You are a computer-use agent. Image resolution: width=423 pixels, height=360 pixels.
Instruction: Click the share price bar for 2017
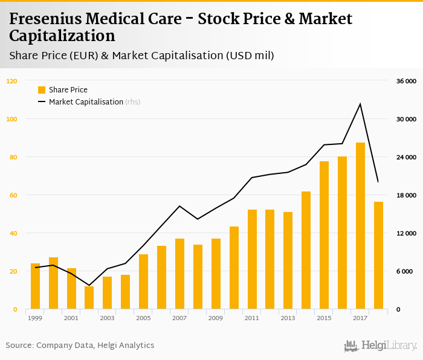coord(360,226)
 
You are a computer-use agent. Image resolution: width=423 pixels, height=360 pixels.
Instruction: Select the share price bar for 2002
coord(89,298)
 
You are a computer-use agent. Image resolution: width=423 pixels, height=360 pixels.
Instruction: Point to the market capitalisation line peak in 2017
coord(360,104)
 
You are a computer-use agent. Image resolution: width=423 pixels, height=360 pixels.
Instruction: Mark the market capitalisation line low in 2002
coord(89,285)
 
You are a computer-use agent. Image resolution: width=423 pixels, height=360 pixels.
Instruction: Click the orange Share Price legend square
coord(42,90)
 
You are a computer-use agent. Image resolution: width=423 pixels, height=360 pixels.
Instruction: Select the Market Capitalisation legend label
coord(86,102)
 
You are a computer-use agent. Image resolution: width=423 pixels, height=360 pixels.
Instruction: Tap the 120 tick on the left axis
coord(12,81)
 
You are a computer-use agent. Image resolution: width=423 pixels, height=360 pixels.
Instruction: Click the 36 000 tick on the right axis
coord(405,81)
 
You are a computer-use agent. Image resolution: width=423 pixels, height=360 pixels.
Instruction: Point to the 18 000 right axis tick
coord(405,195)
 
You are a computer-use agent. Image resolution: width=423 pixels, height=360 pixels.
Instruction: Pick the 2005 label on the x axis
coord(143,318)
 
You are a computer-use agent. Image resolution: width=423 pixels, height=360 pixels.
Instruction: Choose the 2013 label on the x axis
coord(288,318)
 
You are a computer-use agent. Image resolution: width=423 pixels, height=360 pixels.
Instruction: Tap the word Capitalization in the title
coord(62,37)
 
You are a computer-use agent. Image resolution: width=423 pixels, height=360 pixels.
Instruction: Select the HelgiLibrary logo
coord(380,346)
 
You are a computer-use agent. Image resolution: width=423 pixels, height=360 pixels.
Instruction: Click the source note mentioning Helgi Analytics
coord(80,346)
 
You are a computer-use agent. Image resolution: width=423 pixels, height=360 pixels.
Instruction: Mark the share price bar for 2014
coord(306,250)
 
